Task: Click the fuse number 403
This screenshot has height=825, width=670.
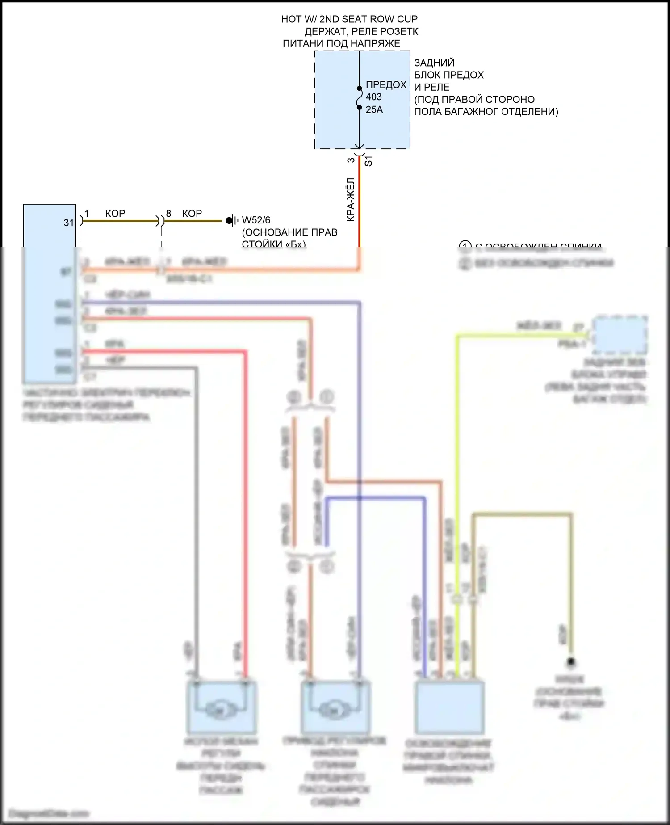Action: [x=373, y=97]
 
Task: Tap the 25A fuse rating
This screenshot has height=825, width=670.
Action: [x=374, y=109]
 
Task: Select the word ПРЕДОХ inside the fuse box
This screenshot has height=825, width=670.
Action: [x=386, y=85]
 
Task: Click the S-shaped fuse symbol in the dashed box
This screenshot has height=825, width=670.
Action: [x=359, y=98]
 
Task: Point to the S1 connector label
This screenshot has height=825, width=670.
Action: [x=368, y=161]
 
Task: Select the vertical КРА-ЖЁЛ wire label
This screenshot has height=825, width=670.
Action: [x=351, y=200]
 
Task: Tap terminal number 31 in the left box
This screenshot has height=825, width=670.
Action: [x=68, y=223]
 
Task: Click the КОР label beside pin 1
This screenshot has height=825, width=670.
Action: [x=115, y=214]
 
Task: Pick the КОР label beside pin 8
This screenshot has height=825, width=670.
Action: [x=192, y=214]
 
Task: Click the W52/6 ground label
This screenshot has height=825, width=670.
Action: [x=256, y=220]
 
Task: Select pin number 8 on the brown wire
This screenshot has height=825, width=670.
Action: [x=168, y=214]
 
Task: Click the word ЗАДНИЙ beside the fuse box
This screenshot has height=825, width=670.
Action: [x=434, y=63]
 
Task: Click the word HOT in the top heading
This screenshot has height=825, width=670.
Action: [x=291, y=19]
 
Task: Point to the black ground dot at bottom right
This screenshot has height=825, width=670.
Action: [x=570, y=662]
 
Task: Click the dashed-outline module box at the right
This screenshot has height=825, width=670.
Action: [x=620, y=334]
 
